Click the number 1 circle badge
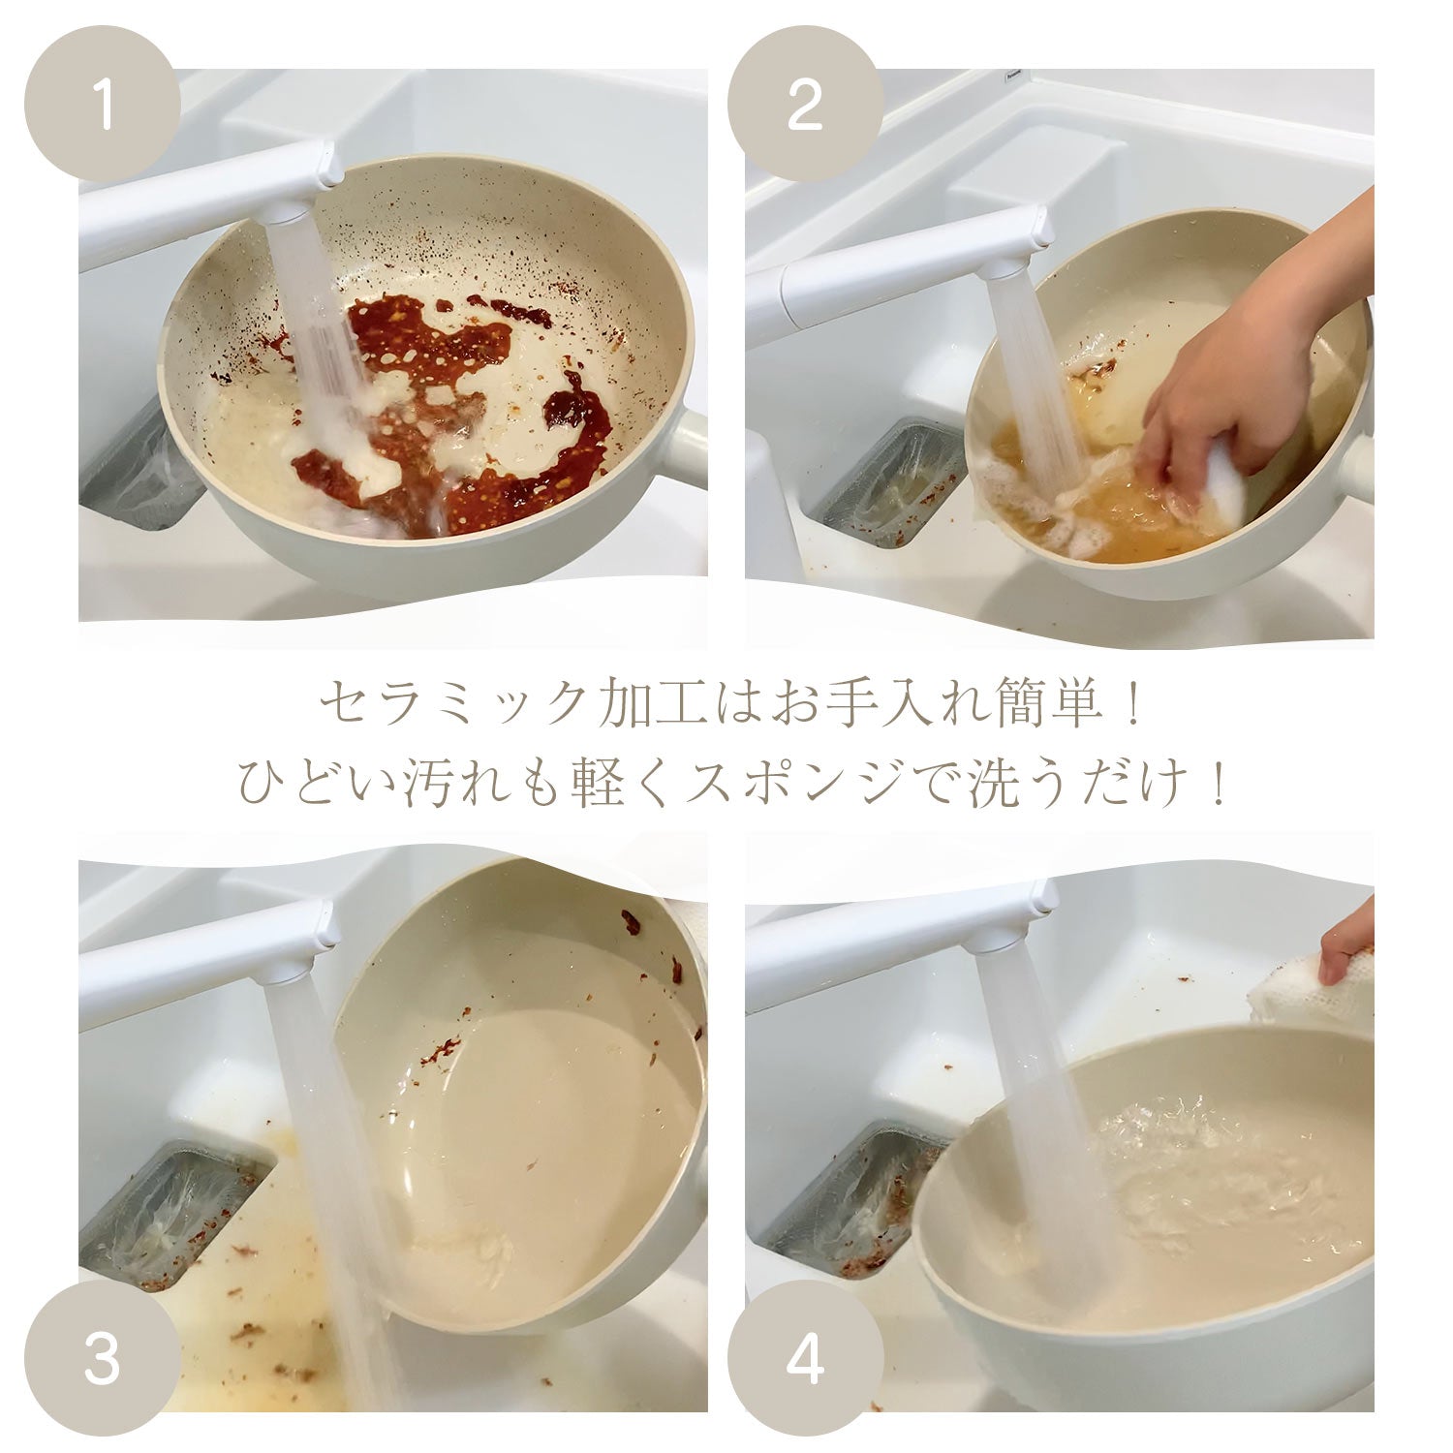pyautogui.click(x=102, y=104)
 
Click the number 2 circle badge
pyautogui.click(x=805, y=104)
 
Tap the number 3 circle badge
pyautogui.click(x=102, y=1358)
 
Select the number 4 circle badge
pyautogui.click(x=805, y=1358)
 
